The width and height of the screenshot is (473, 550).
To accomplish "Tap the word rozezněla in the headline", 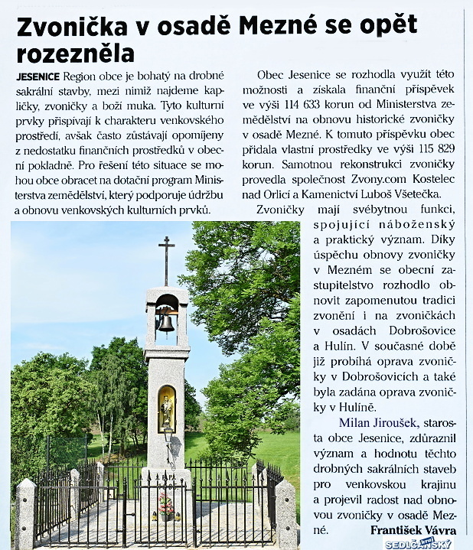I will [x=75, y=54].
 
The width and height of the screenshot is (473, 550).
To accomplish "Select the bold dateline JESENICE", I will [x=38, y=78].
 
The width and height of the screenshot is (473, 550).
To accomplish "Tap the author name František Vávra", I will [x=414, y=529].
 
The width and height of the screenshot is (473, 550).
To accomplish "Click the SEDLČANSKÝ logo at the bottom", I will [x=418, y=543].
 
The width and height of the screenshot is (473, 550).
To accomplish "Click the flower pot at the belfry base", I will [x=166, y=506].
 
